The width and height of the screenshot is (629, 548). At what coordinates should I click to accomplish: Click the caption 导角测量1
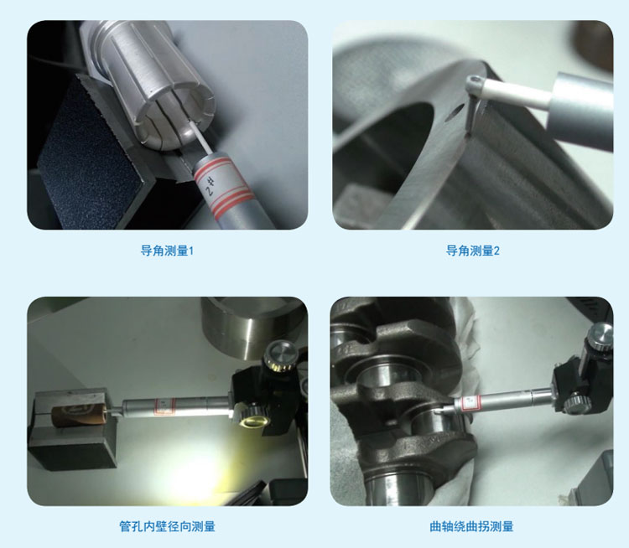tap(167, 251)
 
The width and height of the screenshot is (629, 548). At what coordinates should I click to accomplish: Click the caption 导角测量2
tap(472, 251)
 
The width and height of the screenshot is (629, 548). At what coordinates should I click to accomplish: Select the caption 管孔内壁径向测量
tap(167, 526)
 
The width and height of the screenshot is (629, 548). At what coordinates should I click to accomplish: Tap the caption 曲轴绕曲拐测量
tap(471, 526)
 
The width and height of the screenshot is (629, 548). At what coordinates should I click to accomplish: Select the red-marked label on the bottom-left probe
tap(164, 406)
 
